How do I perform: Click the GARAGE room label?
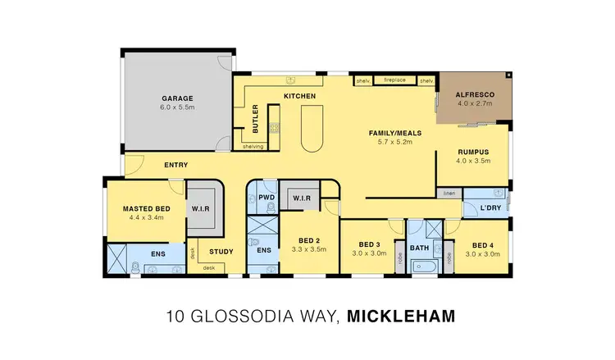coord(177,98)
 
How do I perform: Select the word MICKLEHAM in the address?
coord(399,315)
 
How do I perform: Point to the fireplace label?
coord(396,80)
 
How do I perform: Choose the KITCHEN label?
coord(300,97)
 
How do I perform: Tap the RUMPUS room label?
coord(473,152)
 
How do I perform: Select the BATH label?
coord(419,247)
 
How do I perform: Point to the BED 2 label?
coord(309,241)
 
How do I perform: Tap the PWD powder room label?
coord(266,198)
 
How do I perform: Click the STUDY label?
coord(221,252)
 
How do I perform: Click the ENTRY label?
coord(175,166)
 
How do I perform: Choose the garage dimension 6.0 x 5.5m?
coord(177,107)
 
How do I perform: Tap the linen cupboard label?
coord(449,194)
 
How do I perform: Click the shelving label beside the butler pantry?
coord(253,147)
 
